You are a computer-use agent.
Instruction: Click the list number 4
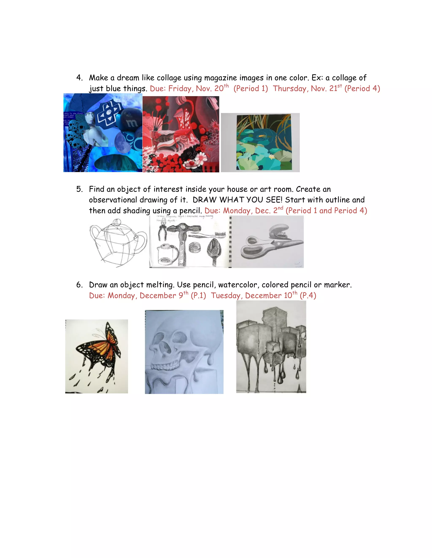tap(79, 78)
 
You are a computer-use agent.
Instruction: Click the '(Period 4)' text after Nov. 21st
tap(362, 88)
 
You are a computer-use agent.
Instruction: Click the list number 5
tap(79, 189)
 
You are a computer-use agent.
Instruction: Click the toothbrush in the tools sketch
tap(210, 234)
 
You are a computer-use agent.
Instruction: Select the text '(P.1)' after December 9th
tap(198, 296)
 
